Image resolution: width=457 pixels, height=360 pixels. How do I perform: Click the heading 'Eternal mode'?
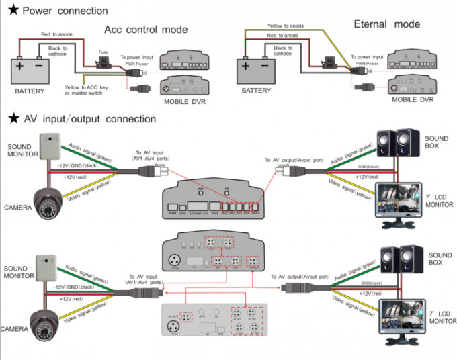(386, 24)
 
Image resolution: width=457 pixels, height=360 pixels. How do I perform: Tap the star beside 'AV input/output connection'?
(12, 119)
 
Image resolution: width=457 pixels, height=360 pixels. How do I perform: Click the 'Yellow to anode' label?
(286, 26)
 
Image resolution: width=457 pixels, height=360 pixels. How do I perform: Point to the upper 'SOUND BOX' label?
(440, 142)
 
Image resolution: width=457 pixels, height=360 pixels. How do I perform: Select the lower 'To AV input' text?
(148, 275)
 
